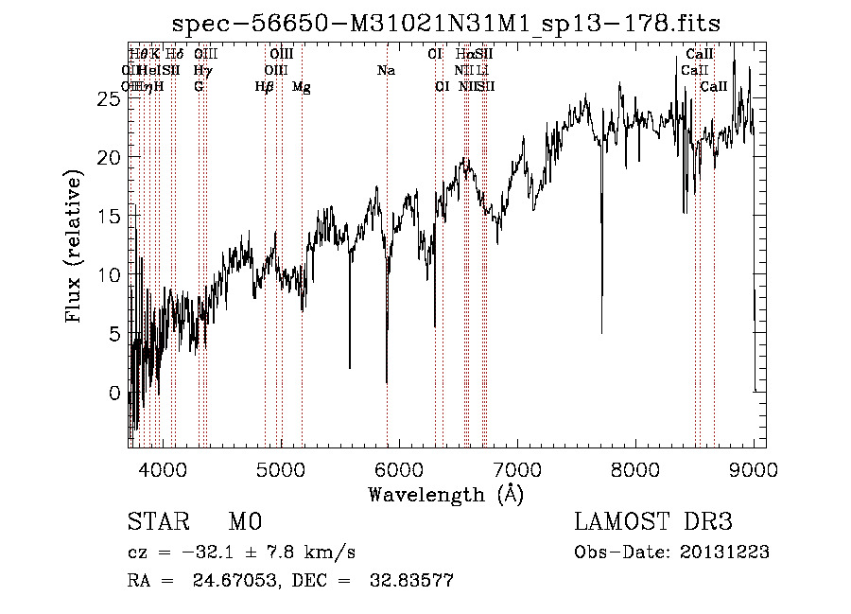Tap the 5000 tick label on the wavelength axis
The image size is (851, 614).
pyautogui.click(x=280, y=469)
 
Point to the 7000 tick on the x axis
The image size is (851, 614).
pyautogui.click(x=516, y=469)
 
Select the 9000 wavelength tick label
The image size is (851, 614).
pyautogui.click(x=754, y=469)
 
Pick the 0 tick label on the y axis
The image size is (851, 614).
pyautogui.click(x=114, y=393)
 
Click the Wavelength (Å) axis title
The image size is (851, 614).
pyautogui.click(x=445, y=494)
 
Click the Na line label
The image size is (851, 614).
pyautogui.click(x=386, y=70)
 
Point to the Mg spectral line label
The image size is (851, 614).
pyautogui.click(x=302, y=87)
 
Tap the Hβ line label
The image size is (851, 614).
pyautogui.click(x=265, y=87)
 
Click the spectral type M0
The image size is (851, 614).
pyautogui.click(x=244, y=523)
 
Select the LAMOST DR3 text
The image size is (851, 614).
pyautogui.click(x=653, y=523)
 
